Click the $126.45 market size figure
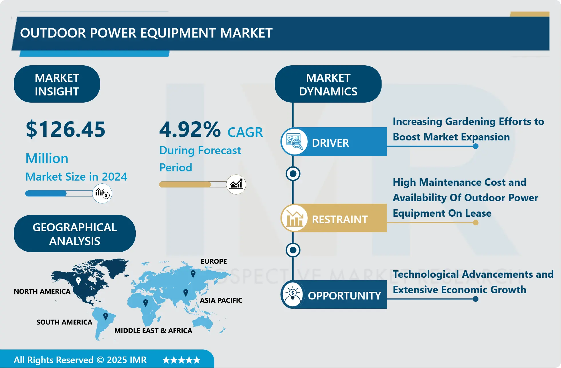tap(66, 130)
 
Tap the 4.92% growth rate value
tap(190, 130)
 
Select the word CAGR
tap(245, 132)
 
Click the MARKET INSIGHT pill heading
tap(57, 84)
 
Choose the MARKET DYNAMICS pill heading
tap(328, 84)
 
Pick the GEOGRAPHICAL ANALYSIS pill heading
tap(74, 234)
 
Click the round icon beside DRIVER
tap(294, 142)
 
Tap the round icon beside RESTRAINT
tap(294, 218)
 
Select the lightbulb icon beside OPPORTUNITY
tap(293, 294)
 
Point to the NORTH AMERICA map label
tap(42, 291)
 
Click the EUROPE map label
tap(214, 261)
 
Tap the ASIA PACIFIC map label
tap(221, 300)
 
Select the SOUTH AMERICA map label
tap(64, 322)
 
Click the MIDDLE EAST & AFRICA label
tap(153, 331)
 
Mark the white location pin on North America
tap(78, 281)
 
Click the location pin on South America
tap(106, 316)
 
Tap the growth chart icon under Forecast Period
tap(236, 184)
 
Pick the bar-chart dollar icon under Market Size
tap(102, 193)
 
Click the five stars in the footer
tap(181, 360)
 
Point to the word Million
tap(47, 158)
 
